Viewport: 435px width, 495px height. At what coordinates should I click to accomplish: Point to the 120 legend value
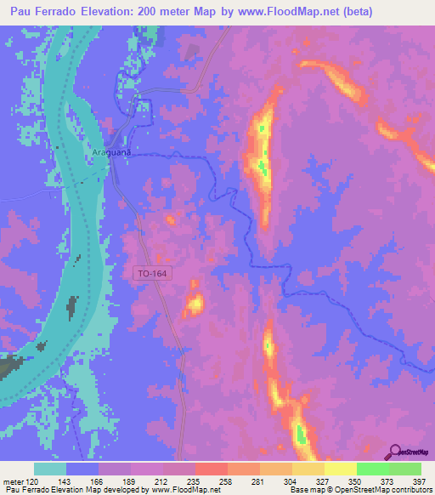[x=33, y=481]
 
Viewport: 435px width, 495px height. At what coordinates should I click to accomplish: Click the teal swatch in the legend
[x=50, y=469]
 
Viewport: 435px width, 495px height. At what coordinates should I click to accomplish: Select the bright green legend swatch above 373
[x=372, y=469]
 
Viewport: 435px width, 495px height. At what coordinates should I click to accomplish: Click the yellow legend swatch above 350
[x=340, y=469]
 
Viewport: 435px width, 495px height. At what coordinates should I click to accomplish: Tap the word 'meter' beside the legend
[x=12, y=481]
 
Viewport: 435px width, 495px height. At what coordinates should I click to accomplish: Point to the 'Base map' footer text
[x=305, y=490]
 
